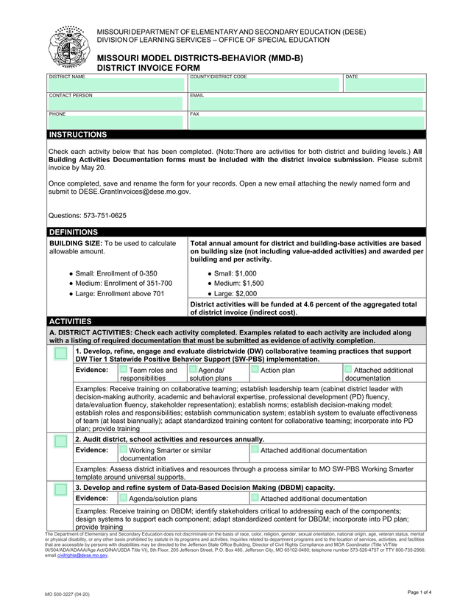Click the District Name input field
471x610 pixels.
click(x=116, y=85)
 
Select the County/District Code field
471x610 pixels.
click(x=265, y=85)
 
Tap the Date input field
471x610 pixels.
click(x=383, y=85)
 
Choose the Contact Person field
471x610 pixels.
click(x=116, y=104)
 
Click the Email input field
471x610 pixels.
click(x=306, y=104)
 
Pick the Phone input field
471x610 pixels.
click(x=116, y=122)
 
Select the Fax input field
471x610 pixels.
click(x=306, y=122)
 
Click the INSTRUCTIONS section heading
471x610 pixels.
click(x=78, y=135)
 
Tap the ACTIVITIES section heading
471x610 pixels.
click(x=70, y=321)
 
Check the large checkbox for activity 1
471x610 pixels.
click(x=60, y=355)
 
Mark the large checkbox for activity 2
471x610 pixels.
click(x=60, y=441)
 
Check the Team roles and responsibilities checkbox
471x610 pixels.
click(x=123, y=369)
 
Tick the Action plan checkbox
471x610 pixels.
click(x=255, y=369)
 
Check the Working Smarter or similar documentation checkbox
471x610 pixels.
click(x=123, y=449)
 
